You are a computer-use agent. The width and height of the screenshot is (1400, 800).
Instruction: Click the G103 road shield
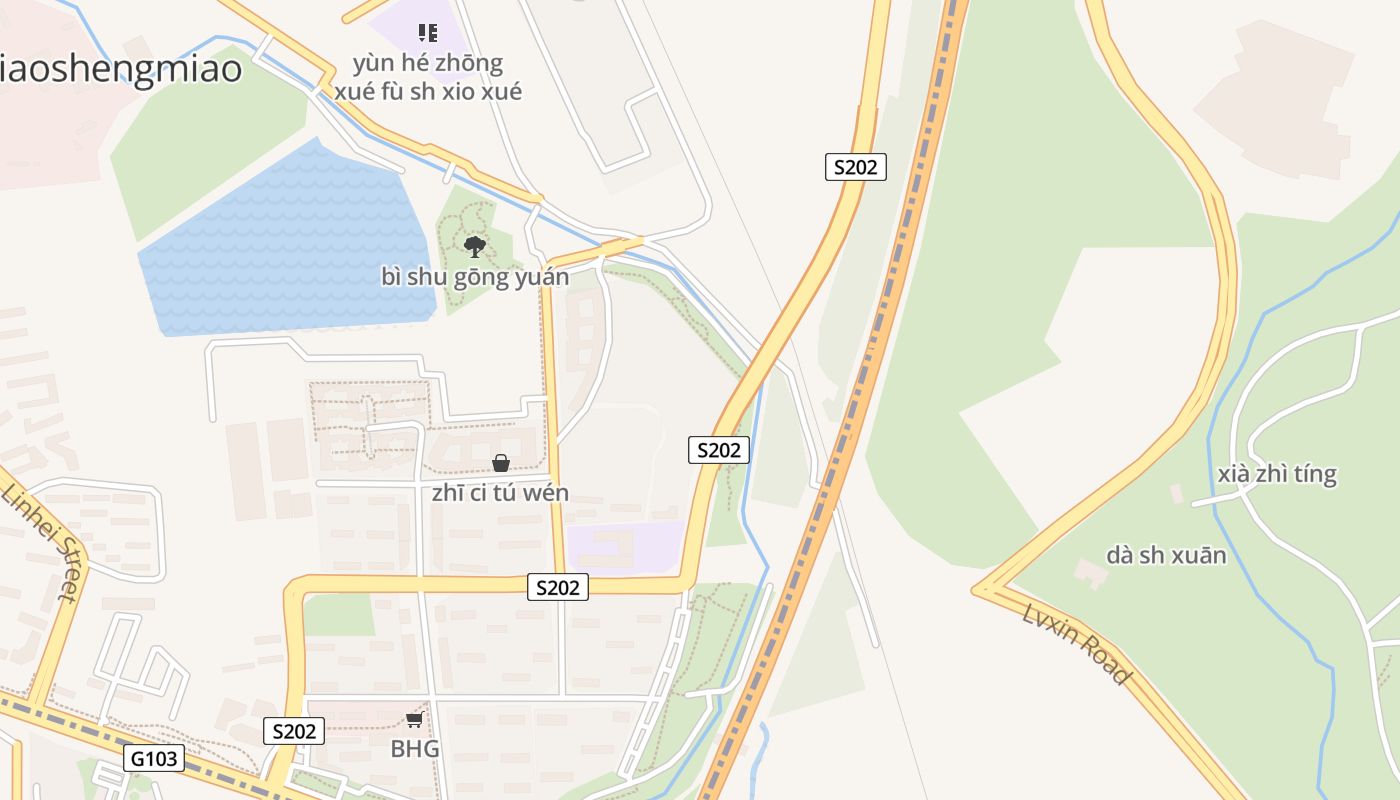[x=155, y=758]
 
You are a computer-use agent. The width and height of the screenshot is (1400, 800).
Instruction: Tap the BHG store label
[x=415, y=748]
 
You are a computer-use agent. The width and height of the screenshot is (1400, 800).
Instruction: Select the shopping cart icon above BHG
[x=414, y=720]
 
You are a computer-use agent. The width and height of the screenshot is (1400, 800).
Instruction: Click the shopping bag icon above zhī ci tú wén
[x=501, y=463]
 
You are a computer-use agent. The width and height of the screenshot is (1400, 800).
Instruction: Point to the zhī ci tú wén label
[x=500, y=492]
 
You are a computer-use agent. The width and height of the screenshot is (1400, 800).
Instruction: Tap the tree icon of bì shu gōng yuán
[x=474, y=246]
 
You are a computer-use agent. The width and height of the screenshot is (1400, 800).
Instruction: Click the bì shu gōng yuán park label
[x=475, y=277]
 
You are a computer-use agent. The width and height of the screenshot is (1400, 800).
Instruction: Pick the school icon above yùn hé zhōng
[x=428, y=33]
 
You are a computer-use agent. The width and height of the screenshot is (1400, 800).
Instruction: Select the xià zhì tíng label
[x=1277, y=473]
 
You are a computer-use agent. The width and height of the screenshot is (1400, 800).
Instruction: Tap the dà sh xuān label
[x=1166, y=555]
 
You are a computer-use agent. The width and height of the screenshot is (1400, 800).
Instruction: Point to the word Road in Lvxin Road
[x=1107, y=665]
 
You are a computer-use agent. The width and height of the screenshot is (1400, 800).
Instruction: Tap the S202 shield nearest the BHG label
[x=294, y=731]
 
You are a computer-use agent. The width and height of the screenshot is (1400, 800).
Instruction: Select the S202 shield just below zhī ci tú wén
[x=557, y=587]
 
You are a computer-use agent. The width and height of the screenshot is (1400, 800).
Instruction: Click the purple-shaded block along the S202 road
[x=625, y=548]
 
